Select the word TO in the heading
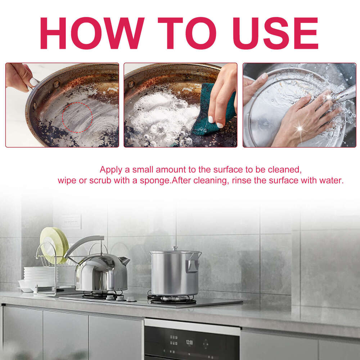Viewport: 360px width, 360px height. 186,33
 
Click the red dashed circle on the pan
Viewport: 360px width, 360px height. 77,117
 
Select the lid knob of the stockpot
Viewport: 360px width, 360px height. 175,248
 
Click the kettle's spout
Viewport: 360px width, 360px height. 125,260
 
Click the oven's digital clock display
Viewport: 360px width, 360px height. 189,342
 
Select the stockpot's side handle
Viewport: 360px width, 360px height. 192,265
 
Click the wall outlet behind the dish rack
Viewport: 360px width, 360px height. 71,221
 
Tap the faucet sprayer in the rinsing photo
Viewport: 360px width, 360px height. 344,94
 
